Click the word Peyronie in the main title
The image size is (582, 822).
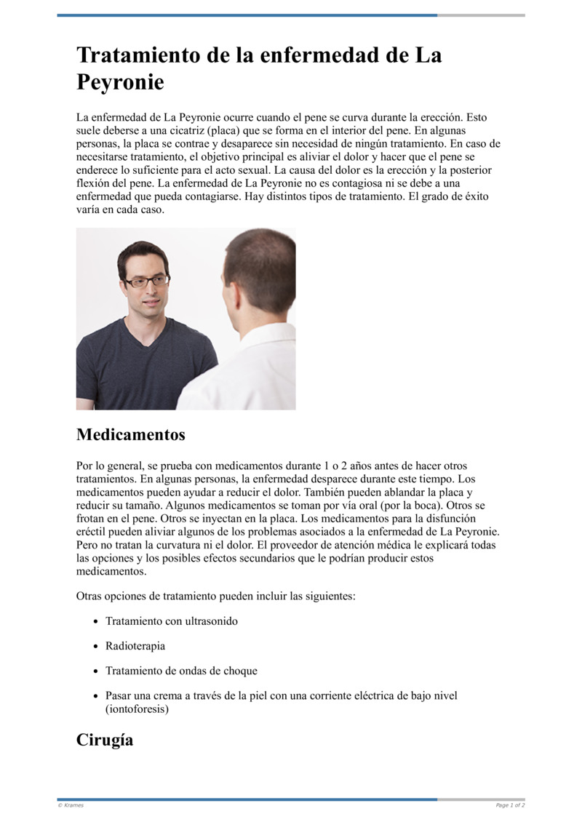pos(120,82)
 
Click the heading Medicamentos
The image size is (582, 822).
pos(130,435)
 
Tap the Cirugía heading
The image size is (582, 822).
pos(105,740)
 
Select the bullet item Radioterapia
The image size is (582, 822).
pos(135,646)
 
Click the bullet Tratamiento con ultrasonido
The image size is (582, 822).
pos(172,621)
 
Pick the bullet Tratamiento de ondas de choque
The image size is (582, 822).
pos(181,671)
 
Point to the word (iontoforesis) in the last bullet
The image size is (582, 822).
pos(137,709)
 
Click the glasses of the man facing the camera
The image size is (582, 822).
pos(145,281)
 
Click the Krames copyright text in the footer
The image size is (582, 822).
pos(71,805)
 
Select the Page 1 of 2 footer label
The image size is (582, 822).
pos(510,805)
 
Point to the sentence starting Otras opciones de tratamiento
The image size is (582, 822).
pos(215,596)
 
